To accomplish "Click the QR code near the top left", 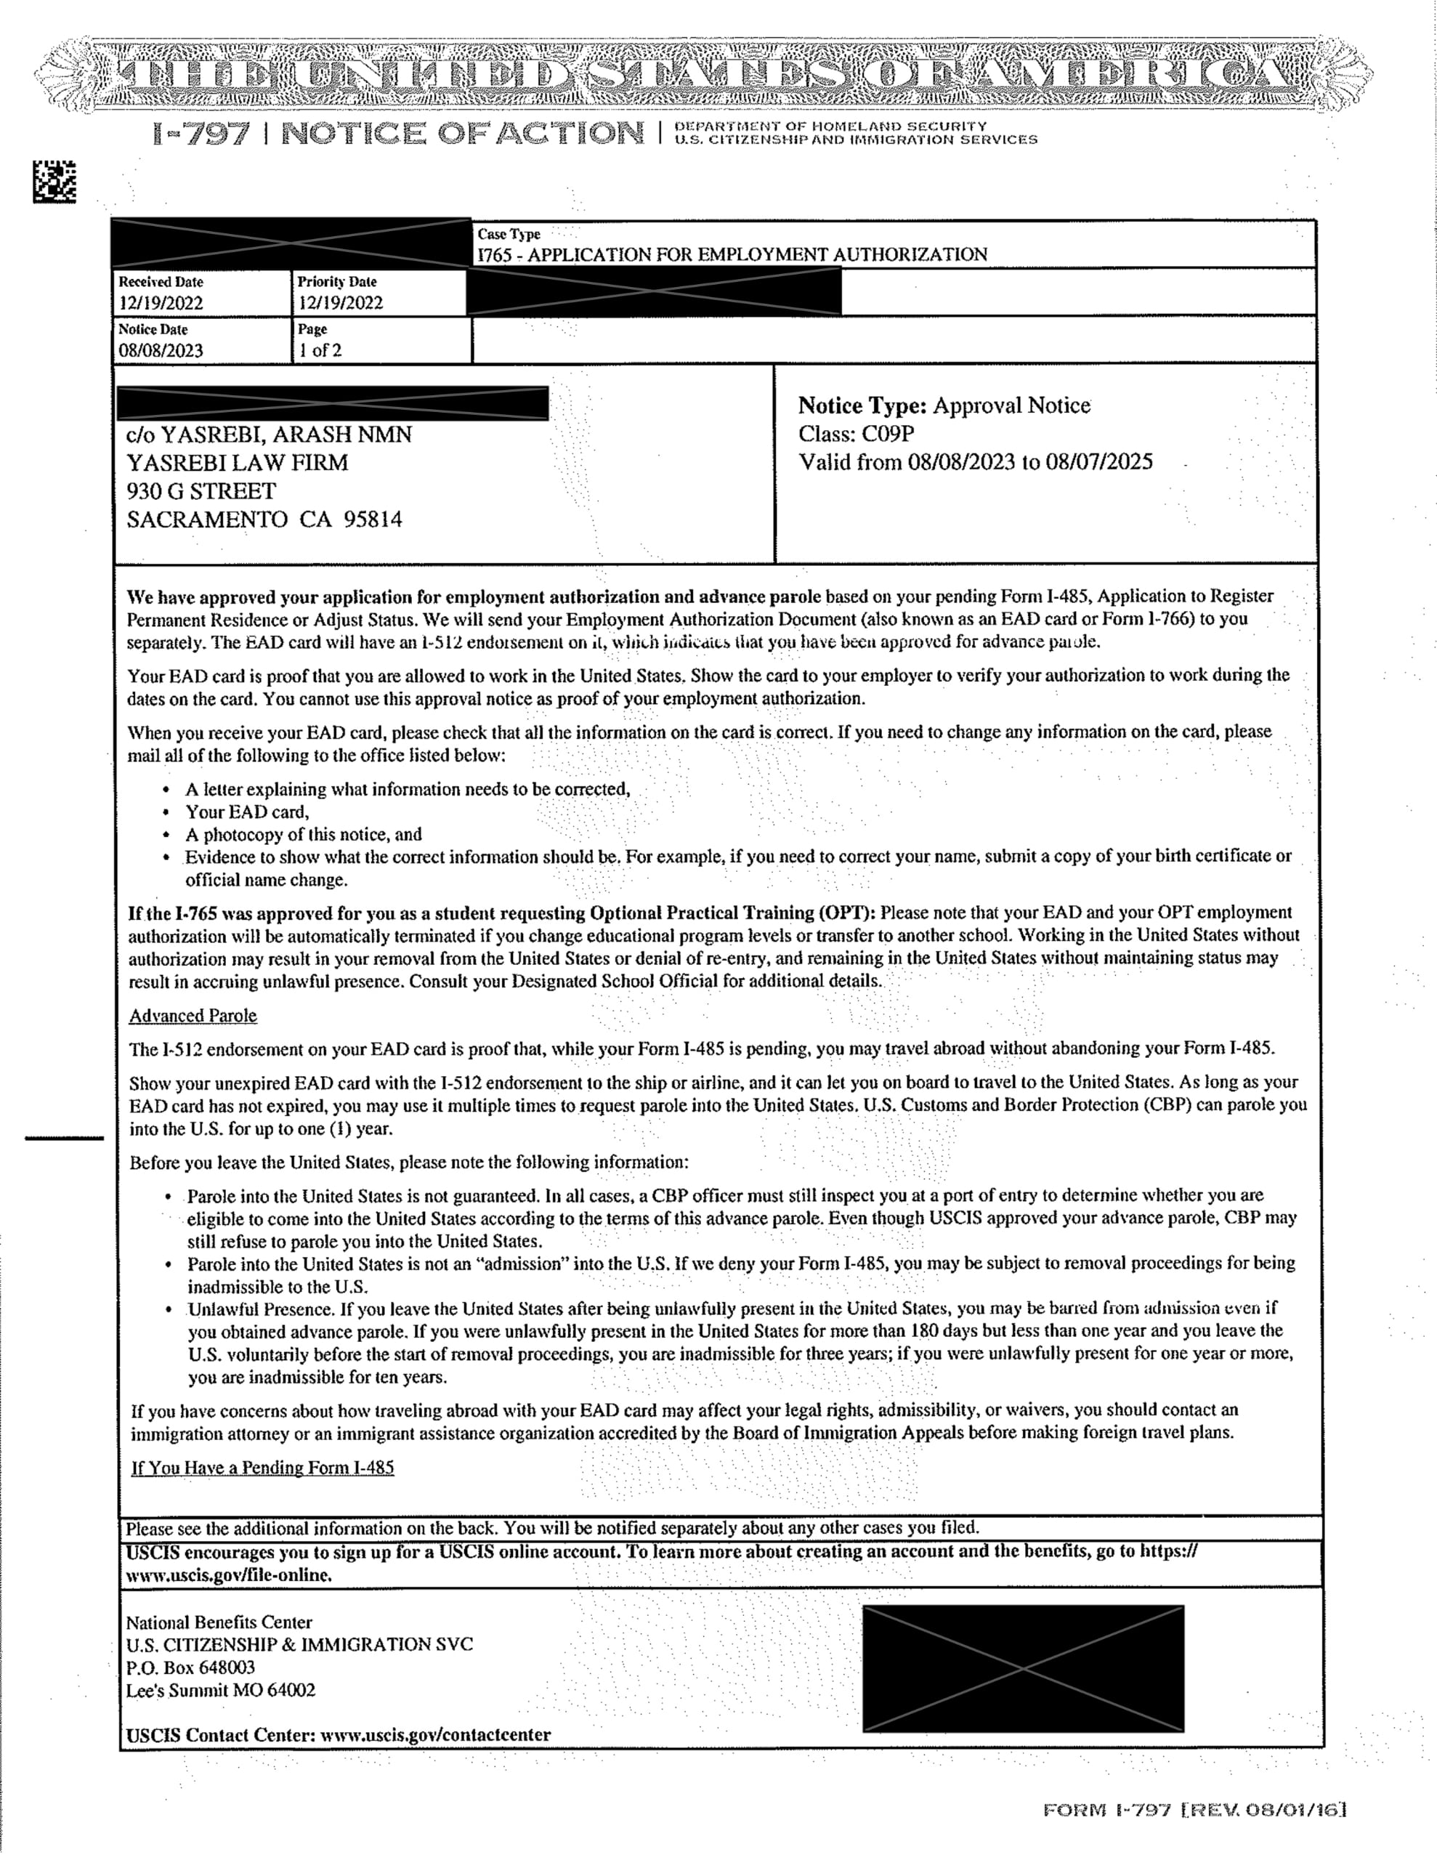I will pyautogui.click(x=54, y=182).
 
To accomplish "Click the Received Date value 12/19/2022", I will pyautogui.click(x=161, y=303).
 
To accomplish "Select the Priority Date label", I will pyautogui.click(x=336, y=282).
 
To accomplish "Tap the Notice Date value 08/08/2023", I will pyautogui.click(x=161, y=351).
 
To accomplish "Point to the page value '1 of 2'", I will pyautogui.click(x=320, y=351).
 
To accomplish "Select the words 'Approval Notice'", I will pyautogui.click(x=1011, y=405).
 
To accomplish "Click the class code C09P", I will pyautogui.click(x=888, y=434).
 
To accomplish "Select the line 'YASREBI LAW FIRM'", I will pyautogui.click(x=238, y=464).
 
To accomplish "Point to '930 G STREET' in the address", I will pyautogui.click(x=201, y=491).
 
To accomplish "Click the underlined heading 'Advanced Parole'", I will pyautogui.click(x=193, y=1016).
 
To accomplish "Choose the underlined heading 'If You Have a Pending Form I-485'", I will pyautogui.click(x=262, y=1468).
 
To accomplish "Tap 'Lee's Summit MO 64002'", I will pyautogui.click(x=221, y=1691).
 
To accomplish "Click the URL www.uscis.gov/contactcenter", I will pyautogui.click(x=434, y=1735).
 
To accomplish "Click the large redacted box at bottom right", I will pyautogui.click(x=1023, y=1668).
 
